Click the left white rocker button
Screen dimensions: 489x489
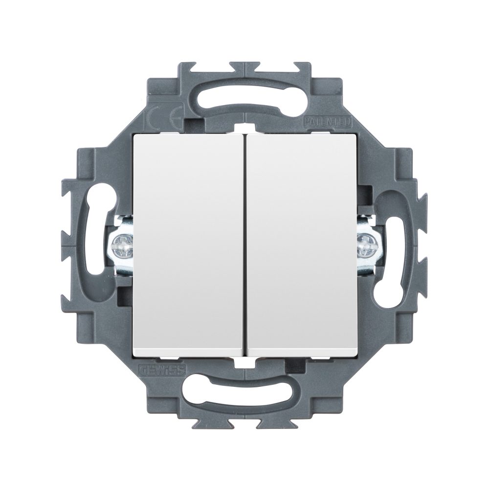(188, 244)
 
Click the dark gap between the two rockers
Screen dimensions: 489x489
(244, 244)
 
